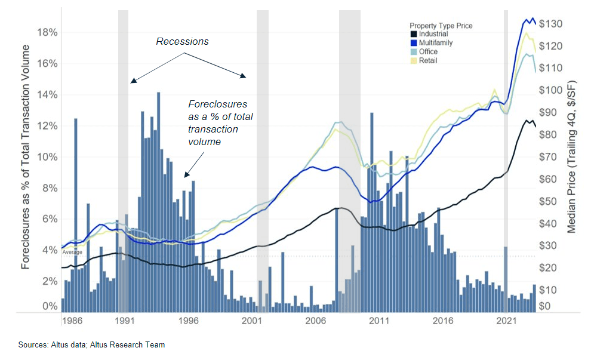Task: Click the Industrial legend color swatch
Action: (x=413, y=35)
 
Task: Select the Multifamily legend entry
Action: (x=435, y=43)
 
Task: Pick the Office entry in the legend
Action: (x=428, y=52)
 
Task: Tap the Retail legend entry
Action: (x=428, y=61)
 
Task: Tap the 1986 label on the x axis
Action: (x=72, y=321)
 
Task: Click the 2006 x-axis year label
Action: (x=315, y=321)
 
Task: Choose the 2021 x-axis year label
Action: (x=507, y=321)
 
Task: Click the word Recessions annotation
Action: (x=183, y=42)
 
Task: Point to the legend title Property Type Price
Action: (x=441, y=26)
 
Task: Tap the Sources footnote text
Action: (x=91, y=345)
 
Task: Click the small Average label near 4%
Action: (x=72, y=253)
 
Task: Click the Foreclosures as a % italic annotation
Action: (x=217, y=123)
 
